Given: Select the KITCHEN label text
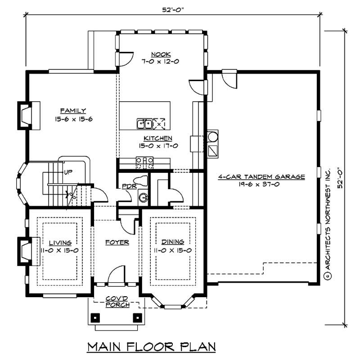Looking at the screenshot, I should pos(158,138).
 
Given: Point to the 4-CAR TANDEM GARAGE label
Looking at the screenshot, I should pos(261,177).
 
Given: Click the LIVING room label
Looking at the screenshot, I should pos(60,243).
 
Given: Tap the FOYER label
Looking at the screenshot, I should pos(117,243).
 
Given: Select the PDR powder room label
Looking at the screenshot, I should pos(126,186).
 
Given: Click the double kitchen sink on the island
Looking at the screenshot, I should pos(145,123).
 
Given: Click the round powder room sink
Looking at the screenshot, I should pos(143,197).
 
